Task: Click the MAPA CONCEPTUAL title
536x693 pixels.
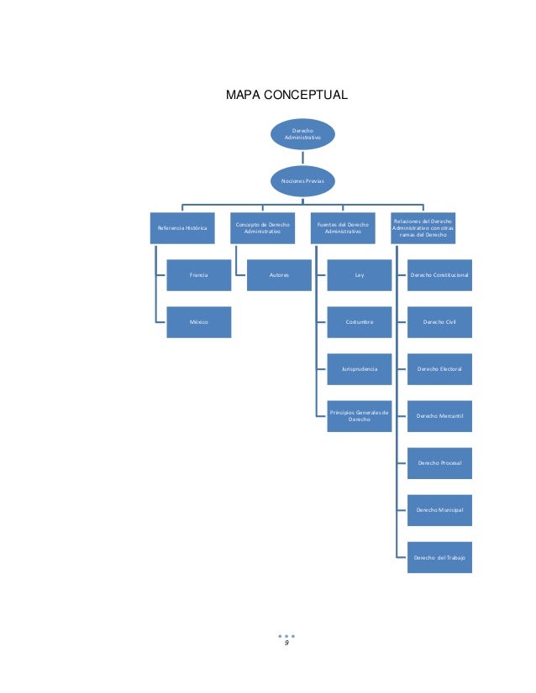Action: tap(286, 95)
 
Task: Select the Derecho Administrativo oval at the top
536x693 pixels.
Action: tap(302, 134)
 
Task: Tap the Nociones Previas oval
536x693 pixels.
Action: tap(302, 180)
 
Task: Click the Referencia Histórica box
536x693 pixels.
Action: tap(182, 228)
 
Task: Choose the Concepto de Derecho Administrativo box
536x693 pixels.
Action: tap(262, 228)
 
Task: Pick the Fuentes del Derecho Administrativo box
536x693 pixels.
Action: tap(343, 228)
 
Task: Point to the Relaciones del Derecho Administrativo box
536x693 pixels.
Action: tap(423, 228)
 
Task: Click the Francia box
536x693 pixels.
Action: tap(199, 275)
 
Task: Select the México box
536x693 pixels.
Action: tap(199, 322)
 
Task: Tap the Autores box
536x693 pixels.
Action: tap(279, 275)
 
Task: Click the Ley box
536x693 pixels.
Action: tap(360, 275)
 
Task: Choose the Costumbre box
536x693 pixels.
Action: tap(360, 322)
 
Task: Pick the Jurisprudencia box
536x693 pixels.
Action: tap(360, 369)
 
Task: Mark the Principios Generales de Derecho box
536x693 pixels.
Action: tap(360, 416)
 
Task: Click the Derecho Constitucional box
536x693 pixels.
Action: tap(439, 275)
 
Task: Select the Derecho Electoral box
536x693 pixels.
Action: tap(439, 369)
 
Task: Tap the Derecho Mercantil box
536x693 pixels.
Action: tap(439, 416)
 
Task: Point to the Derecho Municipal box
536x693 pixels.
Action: tap(439, 510)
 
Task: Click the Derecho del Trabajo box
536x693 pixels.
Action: tap(439, 557)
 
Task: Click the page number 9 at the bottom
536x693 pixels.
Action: tap(286, 643)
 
